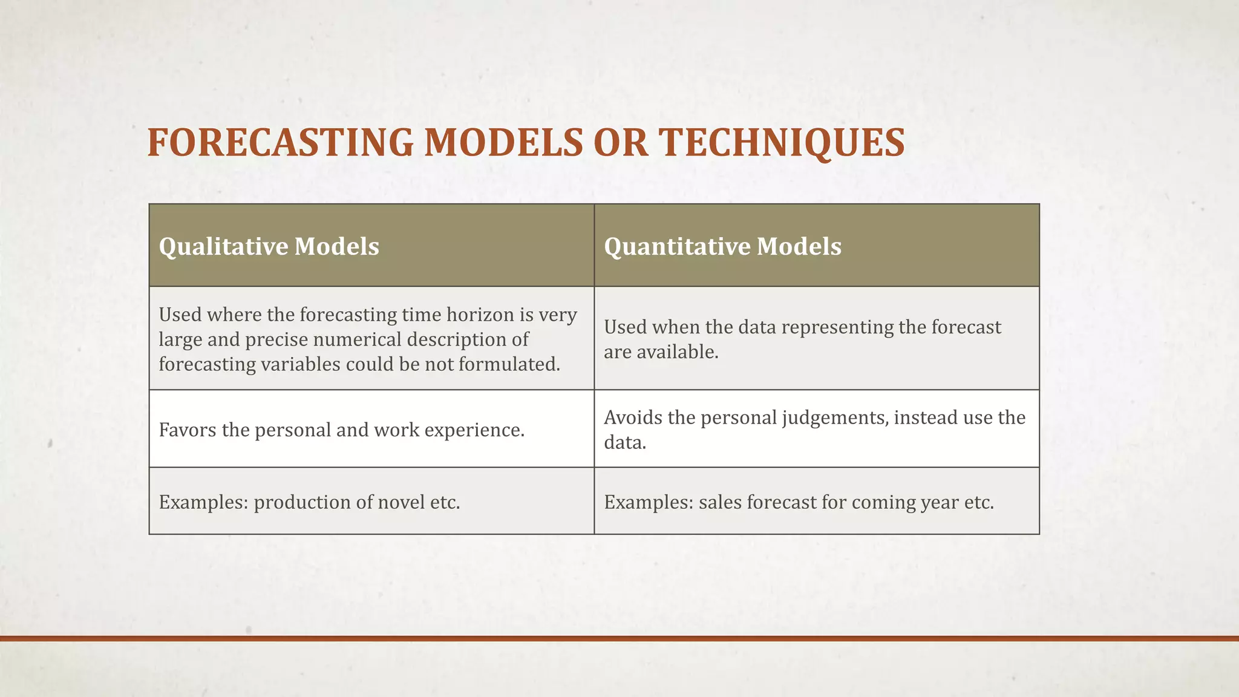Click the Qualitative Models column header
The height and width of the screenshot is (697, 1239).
pos(269,246)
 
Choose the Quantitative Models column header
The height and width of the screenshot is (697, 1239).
pos(722,246)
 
